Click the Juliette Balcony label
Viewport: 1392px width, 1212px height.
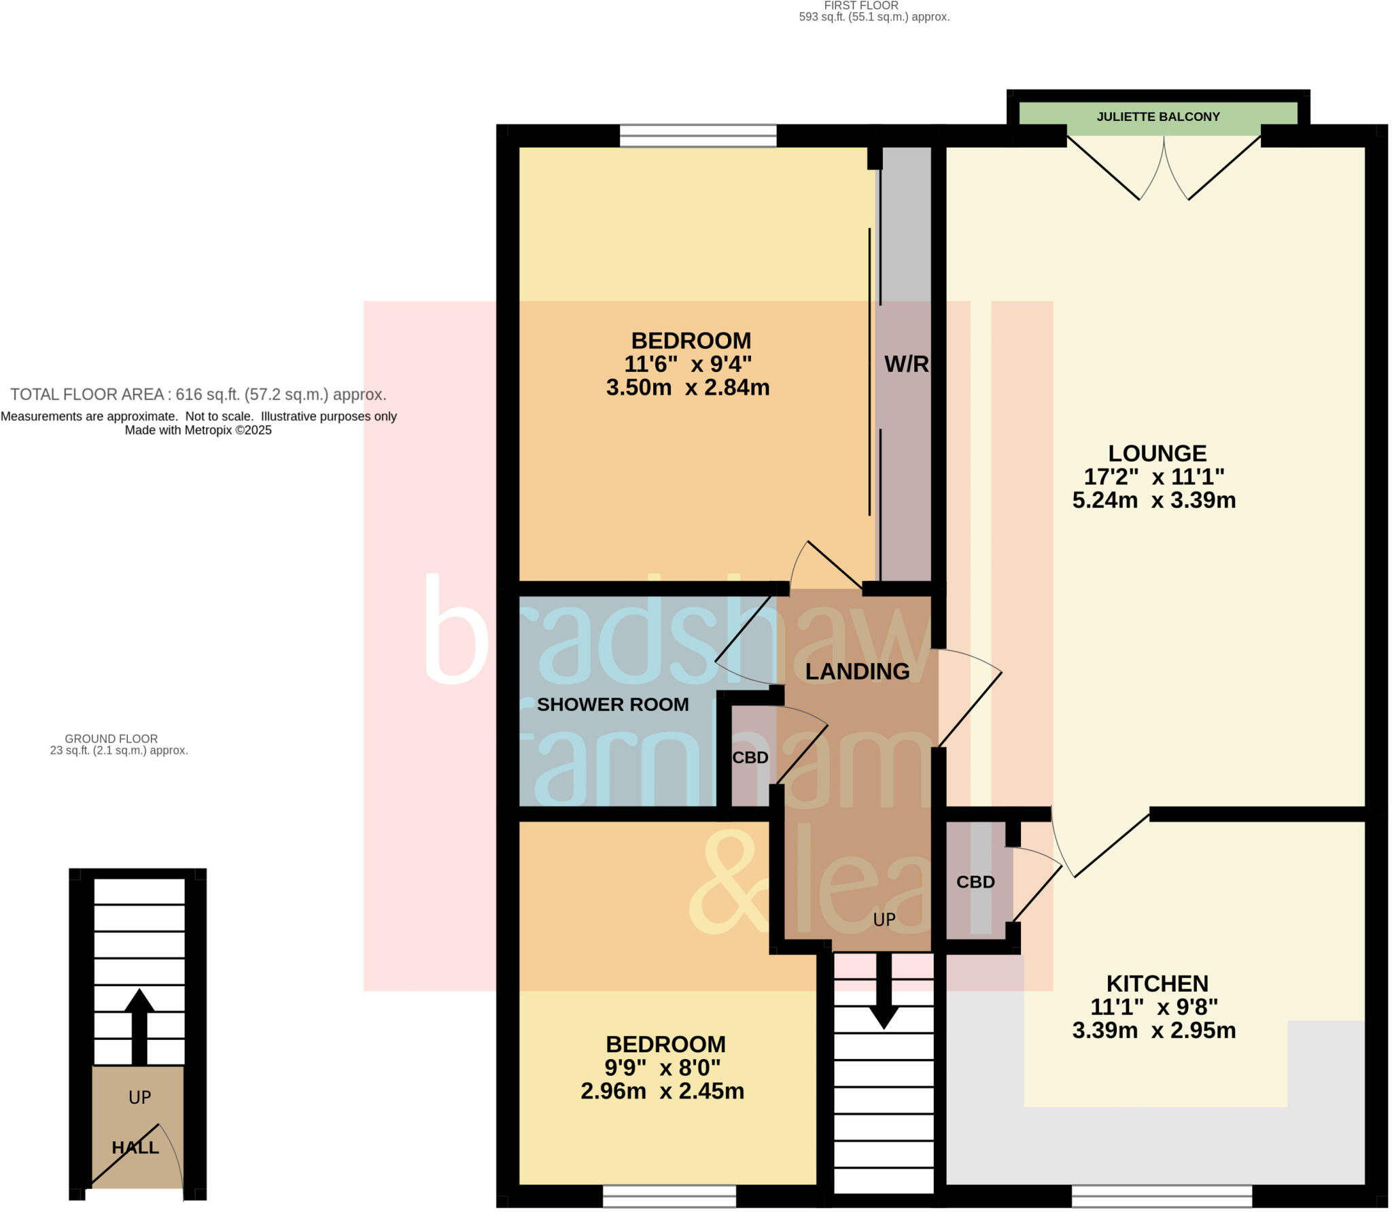pyautogui.click(x=1158, y=117)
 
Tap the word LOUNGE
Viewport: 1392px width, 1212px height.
pyautogui.click(x=1157, y=453)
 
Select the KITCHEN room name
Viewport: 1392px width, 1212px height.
pyautogui.click(x=1157, y=983)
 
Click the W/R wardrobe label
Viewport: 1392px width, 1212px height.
pyautogui.click(x=906, y=364)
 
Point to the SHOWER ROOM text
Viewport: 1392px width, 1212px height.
pyautogui.click(x=612, y=705)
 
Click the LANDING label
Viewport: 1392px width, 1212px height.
pyautogui.click(x=857, y=671)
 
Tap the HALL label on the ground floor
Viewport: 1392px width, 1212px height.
pyautogui.click(x=135, y=1147)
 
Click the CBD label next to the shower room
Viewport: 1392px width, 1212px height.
pyautogui.click(x=750, y=758)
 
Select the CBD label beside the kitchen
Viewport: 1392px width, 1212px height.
pyautogui.click(x=975, y=882)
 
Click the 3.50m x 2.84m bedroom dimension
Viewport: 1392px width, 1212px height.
pyautogui.click(x=687, y=388)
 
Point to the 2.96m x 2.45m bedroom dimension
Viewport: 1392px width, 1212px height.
pyautogui.click(x=662, y=1091)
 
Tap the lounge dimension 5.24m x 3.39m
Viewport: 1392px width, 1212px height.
pyautogui.click(x=1153, y=501)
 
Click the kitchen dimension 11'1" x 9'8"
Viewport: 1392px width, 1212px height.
pyautogui.click(x=1153, y=1007)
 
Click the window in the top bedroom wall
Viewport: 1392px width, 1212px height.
pyautogui.click(x=698, y=135)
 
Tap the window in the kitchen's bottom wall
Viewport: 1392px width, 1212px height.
pyautogui.click(x=1162, y=1196)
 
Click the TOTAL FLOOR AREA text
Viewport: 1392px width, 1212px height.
pyautogui.click(x=198, y=394)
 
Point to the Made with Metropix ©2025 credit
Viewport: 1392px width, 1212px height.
pyautogui.click(x=198, y=431)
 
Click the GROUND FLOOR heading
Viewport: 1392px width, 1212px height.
pyautogui.click(x=111, y=739)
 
